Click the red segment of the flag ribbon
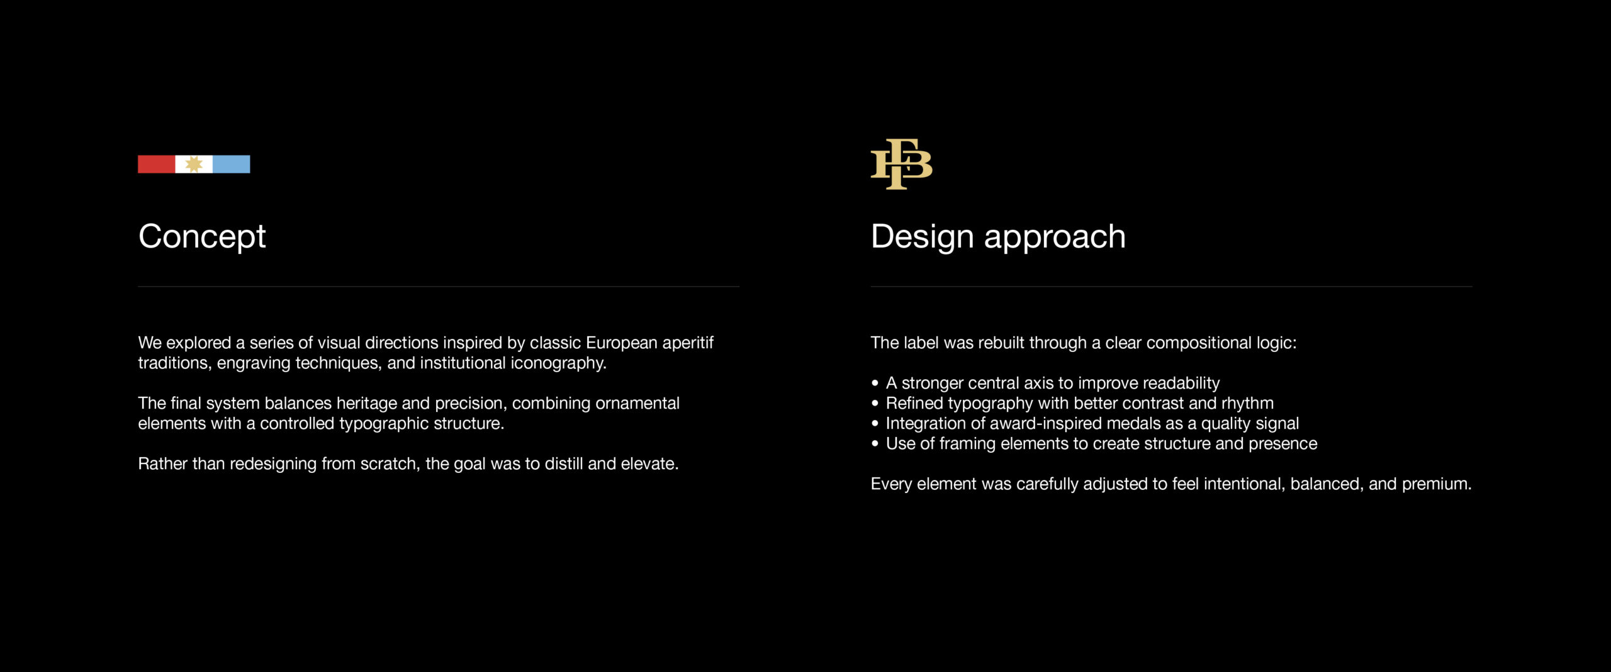click(x=157, y=164)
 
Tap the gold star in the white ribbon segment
click(x=194, y=164)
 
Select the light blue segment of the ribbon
click(x=232, y=164)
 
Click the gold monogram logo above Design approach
click(x=901, y=164)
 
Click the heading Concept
click(x=202, y=237)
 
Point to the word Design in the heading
click(x=923, y=237)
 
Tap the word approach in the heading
click(x=1055, y=238)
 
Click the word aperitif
click(x=688, y=343)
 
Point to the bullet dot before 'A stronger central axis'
click(x=875, y=383)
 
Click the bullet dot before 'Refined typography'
click(x=875, y=403)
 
